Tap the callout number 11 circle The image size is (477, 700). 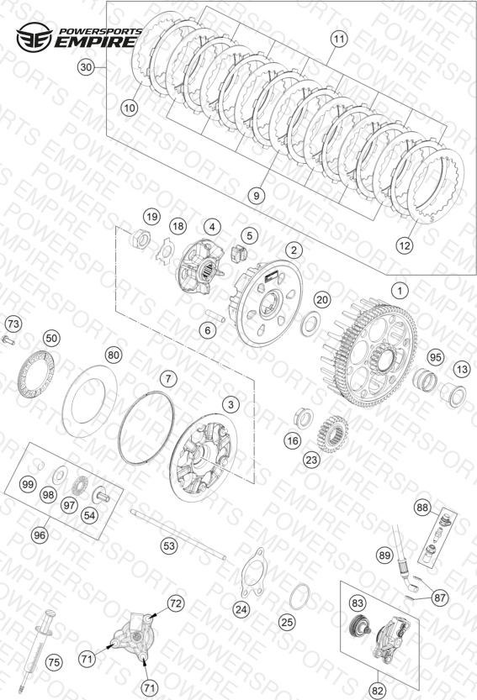(339, 39)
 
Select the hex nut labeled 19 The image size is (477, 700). (140, 240)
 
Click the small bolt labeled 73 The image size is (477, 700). (8, 341)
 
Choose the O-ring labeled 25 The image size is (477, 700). (299, 596)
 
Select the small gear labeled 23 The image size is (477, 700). (332, 434)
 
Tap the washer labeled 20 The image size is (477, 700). (310, 324)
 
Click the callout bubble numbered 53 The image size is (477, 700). (169, 545)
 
